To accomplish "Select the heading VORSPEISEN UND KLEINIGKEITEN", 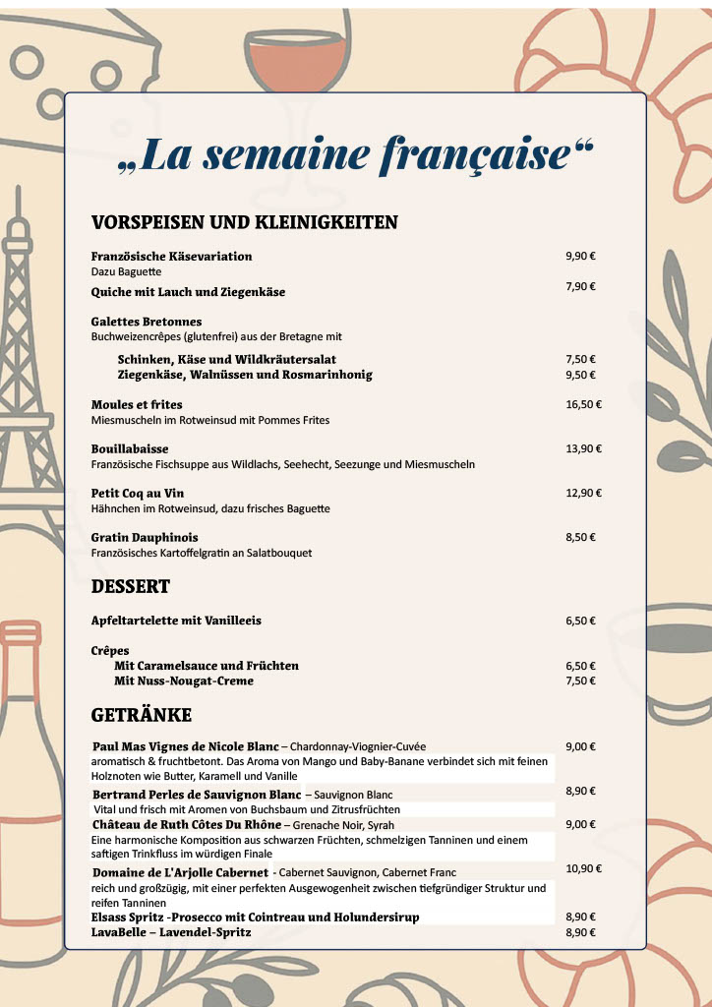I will coord(244,222).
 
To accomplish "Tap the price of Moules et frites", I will coord(583,404).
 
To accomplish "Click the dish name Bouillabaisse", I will coord(130,448).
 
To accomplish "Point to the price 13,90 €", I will coord(583,448).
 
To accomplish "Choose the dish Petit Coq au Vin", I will coord(138,493).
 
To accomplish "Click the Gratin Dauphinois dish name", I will coord(145,537).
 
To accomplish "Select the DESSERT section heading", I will coord(131,587).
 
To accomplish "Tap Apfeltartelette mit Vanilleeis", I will coord(176,621).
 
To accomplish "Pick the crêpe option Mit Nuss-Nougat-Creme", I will coord(184,681).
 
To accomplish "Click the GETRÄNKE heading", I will coord(142,715).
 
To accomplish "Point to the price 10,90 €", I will coord(583,868).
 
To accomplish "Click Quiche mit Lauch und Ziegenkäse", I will coord(188,292).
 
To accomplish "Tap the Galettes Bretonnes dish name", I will coord(147,322).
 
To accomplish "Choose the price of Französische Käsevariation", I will coord(580,256).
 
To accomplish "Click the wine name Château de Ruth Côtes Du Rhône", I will coord(187,824).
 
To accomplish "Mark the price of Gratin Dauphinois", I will coord(580,537).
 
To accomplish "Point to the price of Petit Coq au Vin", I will coord(583,493).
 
